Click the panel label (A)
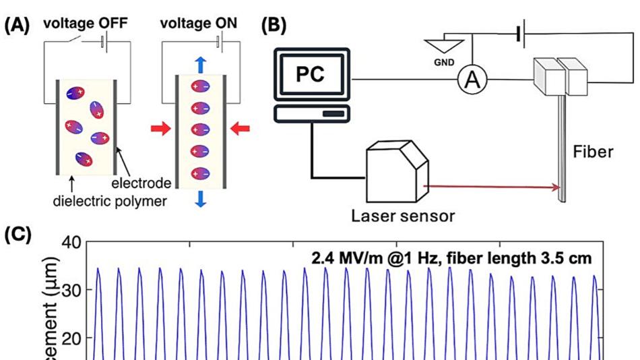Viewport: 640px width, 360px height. click(17, 25)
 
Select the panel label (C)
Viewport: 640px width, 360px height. click(17, 237)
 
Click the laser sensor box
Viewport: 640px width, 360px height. click(396, 169)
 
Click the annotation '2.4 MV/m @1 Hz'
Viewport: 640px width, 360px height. click(367, 257)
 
